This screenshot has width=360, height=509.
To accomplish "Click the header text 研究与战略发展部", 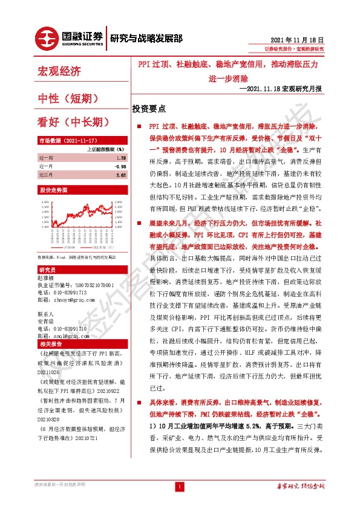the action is [x=146, y=38].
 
